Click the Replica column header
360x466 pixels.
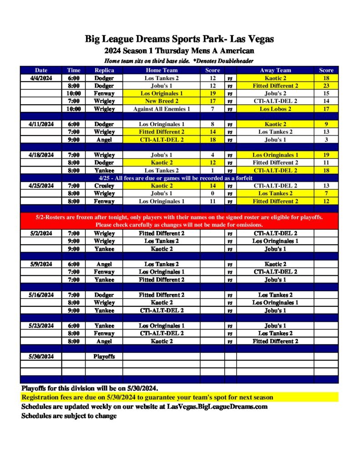[104, 70]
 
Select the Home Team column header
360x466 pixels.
[162, 70]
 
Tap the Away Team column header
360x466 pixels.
[275, 70]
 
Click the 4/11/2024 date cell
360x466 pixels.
[41, 124]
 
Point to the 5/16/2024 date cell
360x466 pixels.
[41, 295]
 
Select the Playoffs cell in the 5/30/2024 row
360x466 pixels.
[104, 356]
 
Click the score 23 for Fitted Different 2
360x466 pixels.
[326, 86]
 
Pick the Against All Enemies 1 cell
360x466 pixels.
[162, 109]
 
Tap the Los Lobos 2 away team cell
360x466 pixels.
[275, 109]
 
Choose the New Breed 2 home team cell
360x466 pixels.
[162, 101]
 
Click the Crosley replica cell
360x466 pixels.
[104, 186]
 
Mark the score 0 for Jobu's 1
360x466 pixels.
[213, 193]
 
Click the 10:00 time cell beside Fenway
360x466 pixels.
[74, 93]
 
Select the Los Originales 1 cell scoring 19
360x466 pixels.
[162, 93]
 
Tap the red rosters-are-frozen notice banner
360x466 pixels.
[179, 221]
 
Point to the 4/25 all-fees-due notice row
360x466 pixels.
[179, 178]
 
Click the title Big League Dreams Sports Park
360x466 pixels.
[179, 39]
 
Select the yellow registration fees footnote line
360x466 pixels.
[147, 397]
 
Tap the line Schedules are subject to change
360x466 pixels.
[69, 415]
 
